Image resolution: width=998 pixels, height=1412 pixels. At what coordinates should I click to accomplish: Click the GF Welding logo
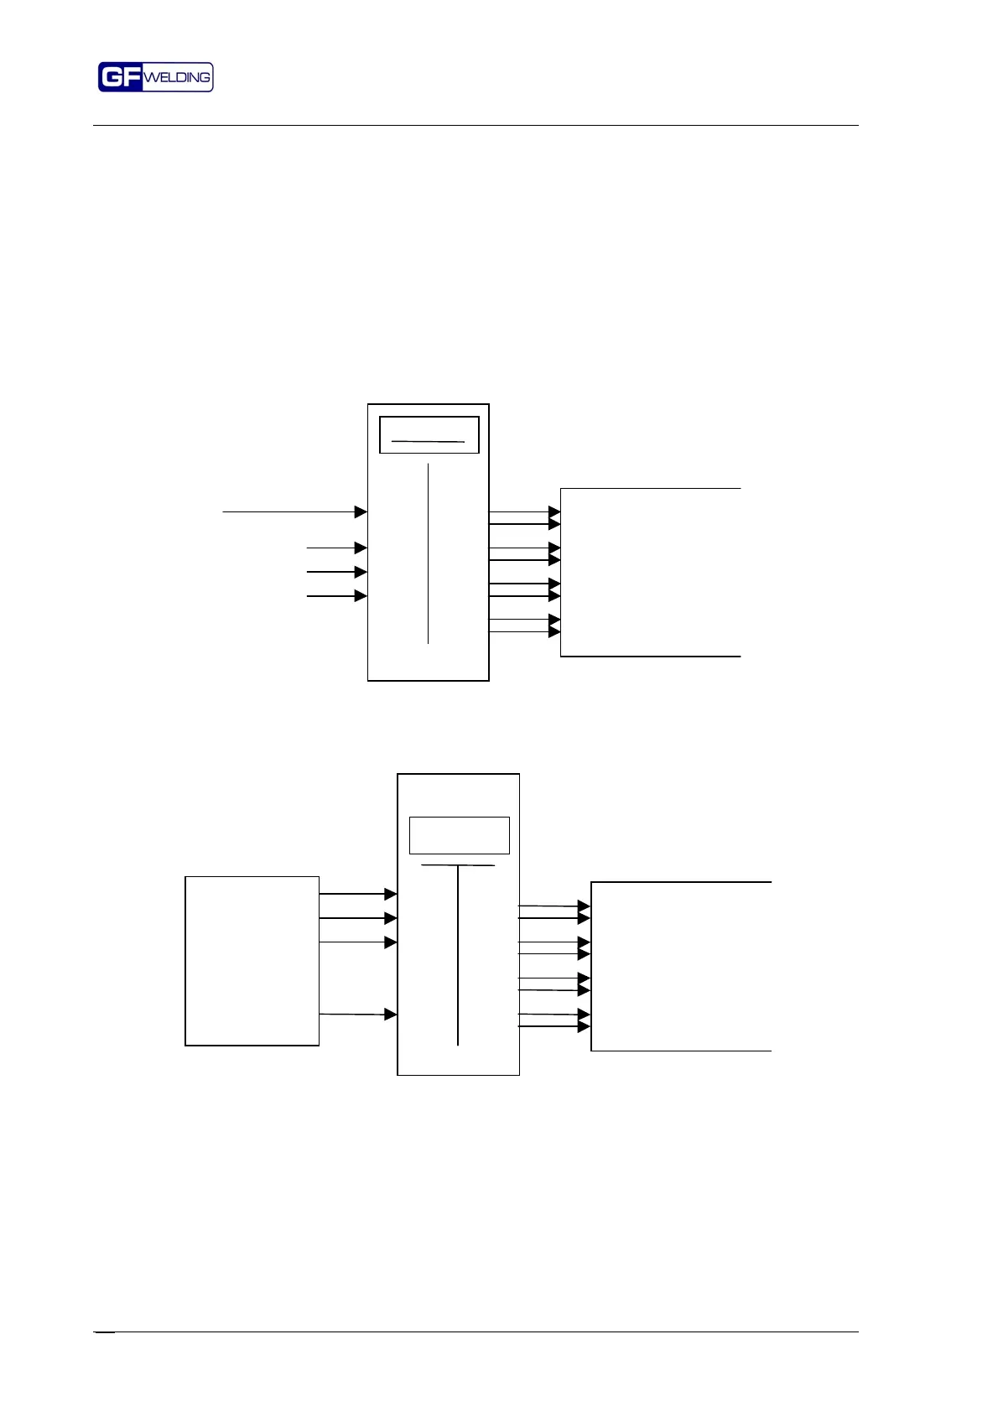pyautogui.click(x=155, y=77)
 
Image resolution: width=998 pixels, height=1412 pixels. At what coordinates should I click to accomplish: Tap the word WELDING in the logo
pyautogui.click(x=177, y=77)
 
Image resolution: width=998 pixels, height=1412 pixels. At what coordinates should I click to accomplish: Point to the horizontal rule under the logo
pyautogui.click(x=476, y=126)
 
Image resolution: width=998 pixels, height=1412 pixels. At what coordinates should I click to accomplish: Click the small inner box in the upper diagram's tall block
pyautogui.click(x=429, y=435)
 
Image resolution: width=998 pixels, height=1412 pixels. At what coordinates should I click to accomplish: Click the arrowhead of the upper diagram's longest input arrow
pyautogui.click(x=361, y=511)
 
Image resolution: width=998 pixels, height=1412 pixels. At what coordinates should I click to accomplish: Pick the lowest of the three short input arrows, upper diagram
pyautogui.click(x=335, y=596)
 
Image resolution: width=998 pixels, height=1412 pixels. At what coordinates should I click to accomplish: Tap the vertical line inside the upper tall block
pyautogui.click(x=428, y=553)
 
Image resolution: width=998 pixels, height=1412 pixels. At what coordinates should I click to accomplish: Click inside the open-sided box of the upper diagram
pyautogui.click(x=650, y=572)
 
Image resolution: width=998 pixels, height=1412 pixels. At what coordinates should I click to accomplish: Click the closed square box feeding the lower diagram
pyautogui.click(x=252, y=961)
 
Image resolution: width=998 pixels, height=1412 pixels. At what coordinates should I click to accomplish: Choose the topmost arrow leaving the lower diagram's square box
pyautogui.click(x=356, y=895)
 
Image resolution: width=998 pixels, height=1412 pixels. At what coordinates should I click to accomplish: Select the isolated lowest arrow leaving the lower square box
pyautogui.click(x=356, y=1015)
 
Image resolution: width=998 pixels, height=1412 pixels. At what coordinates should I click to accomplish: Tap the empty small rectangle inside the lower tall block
pyautogui.click(x=459, y=835)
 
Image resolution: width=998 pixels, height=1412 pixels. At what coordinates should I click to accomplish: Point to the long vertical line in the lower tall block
pyautogui.click(x=458, y=956)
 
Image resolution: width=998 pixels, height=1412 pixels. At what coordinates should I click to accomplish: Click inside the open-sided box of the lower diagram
pyautogui.click(x=680, y=966)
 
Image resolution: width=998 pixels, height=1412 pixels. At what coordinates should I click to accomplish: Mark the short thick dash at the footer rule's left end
pyautogui.click(x=105, y=1332)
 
